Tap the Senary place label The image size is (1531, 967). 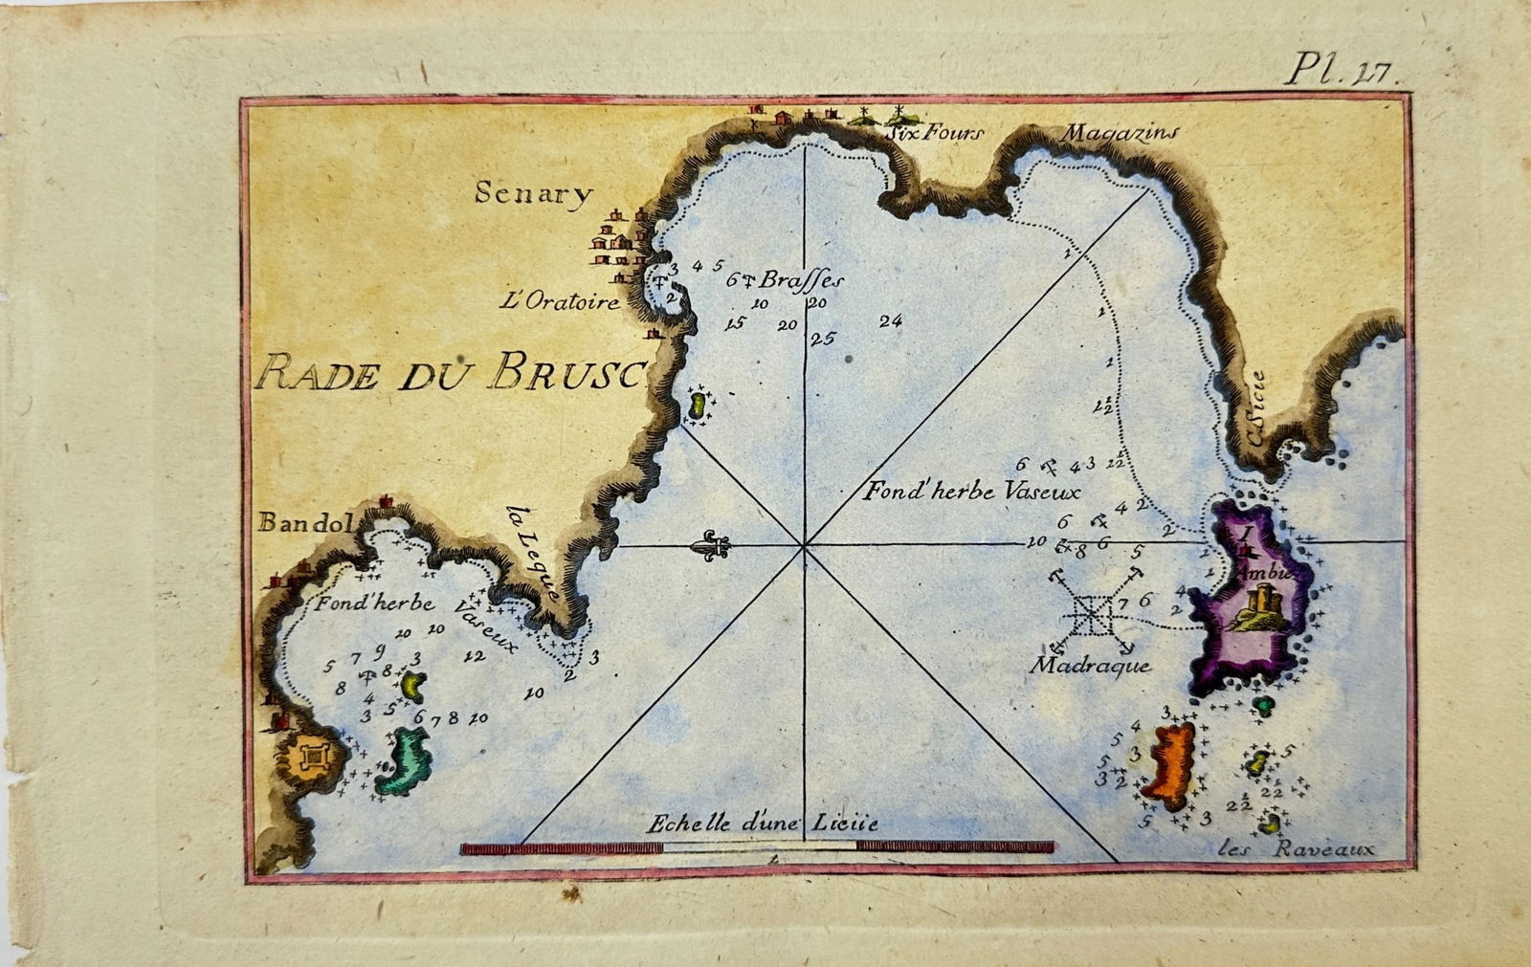tap(534, 194)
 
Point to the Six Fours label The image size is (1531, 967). tap(934, 133)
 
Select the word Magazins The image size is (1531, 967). tap(1120, 134)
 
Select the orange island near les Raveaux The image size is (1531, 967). tap(1170, 765)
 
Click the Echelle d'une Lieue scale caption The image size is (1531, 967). tap(762, 824)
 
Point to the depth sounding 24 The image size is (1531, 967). tap(890, 321)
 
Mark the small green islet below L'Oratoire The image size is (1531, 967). tap(698, 407)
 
